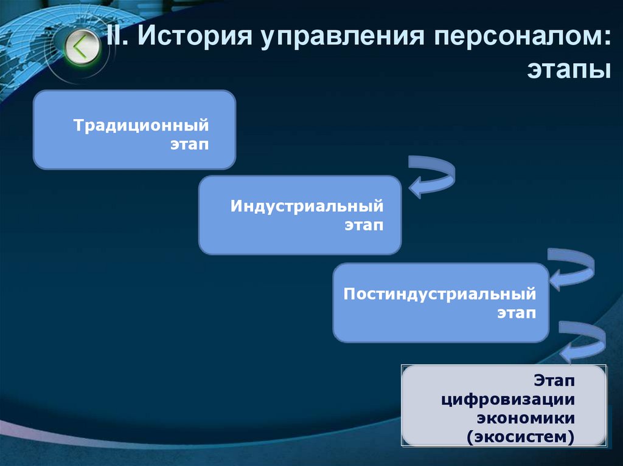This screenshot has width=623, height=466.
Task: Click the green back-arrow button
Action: (x=83, y=47)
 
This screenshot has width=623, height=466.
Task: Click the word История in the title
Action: (x=195, y=39)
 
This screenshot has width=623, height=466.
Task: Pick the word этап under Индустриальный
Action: (x=364, y=225)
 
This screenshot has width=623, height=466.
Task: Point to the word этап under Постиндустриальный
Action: (x=517, y=313)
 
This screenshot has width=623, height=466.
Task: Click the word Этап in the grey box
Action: (x=555, y=381)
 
